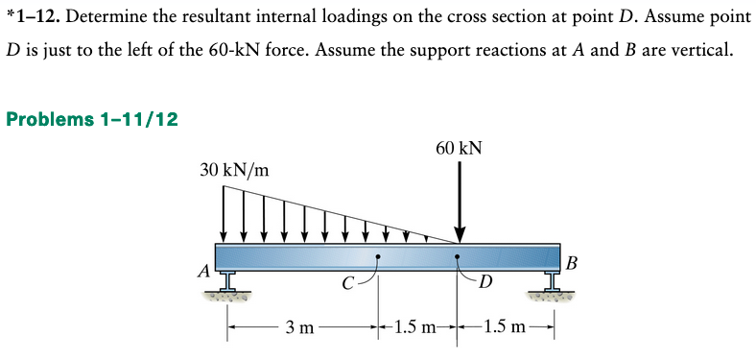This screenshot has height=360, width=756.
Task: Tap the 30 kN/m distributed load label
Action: pos(234,171)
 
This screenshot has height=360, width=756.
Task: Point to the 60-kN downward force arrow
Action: pos(460,202)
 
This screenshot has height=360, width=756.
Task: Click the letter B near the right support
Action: pos(573,261)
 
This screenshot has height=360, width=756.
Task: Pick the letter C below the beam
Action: pos(349,282)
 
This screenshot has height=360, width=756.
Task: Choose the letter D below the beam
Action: pos(485,282)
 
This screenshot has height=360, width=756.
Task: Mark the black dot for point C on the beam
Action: pos(378,257)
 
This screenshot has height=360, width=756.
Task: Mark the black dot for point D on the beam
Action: pos(459,257)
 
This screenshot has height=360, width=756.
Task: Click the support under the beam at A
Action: pos(227,283)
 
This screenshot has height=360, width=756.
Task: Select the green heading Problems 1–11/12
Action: pos(91,119)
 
